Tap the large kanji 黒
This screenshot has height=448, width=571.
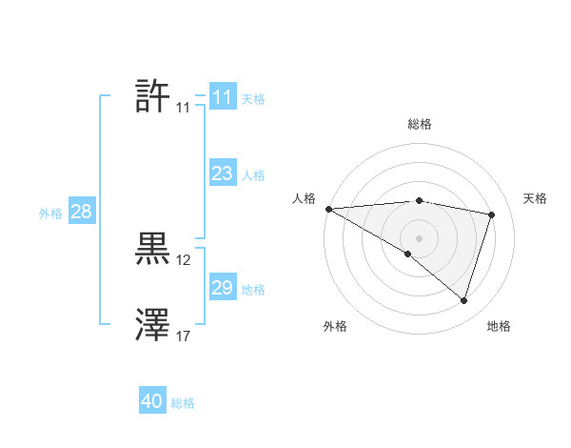(152, 249)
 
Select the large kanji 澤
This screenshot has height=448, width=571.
(152, 325)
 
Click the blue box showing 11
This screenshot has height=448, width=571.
(222, 97)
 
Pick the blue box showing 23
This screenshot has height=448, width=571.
(222, 173)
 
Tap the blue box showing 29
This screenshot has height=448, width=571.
(222, 288)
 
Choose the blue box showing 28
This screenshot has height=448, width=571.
(81, 212)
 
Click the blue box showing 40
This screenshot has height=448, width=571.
(151, 402)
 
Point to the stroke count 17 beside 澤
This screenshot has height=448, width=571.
(184, 336)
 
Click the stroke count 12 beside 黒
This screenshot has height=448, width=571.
(184, 260)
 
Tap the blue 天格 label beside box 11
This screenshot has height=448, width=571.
(253, 99)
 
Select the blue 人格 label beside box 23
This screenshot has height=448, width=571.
(253, 175)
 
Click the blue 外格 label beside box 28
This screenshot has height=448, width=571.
(50, 214)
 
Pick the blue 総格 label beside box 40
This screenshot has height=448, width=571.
(183, 404)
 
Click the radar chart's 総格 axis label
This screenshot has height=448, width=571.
(419, 124)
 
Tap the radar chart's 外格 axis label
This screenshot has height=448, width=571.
(335, 326)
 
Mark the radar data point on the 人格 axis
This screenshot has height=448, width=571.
(328, 209)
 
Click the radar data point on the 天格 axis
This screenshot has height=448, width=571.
(492, 214)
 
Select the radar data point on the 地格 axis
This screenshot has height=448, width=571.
(463, 300)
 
